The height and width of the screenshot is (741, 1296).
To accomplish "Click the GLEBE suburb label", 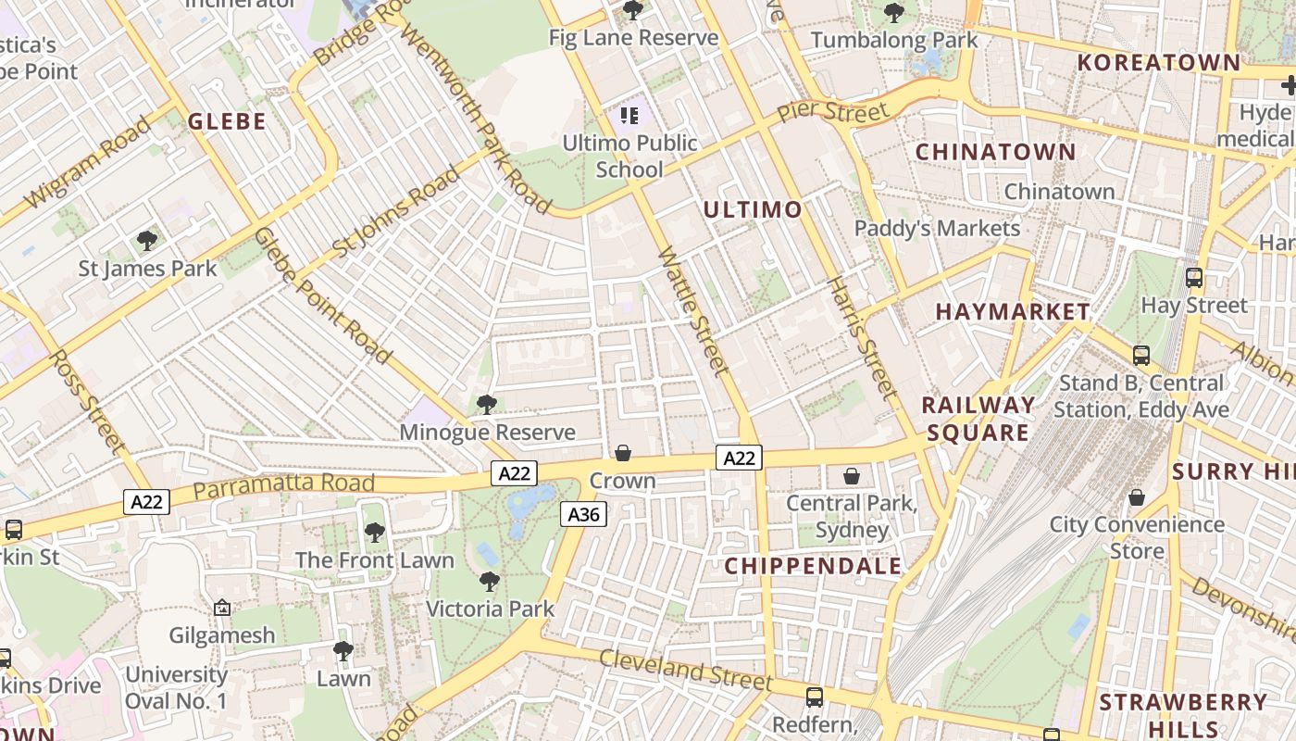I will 227,121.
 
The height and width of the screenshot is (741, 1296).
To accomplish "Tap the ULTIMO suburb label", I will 753,209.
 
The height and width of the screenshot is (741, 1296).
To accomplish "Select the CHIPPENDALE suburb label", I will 813,566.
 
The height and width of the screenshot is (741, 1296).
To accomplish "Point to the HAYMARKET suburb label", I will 1013,311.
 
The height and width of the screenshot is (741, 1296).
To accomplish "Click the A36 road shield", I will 583,513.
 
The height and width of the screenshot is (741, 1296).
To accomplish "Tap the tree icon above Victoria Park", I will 490,582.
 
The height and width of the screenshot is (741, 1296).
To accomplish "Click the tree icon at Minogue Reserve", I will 486,405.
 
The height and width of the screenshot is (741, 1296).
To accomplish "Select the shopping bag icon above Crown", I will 623,453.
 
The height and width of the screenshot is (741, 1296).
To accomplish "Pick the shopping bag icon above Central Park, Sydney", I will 852,476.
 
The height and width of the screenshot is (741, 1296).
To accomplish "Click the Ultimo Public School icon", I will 629,116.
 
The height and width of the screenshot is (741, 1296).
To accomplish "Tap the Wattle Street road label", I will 693,310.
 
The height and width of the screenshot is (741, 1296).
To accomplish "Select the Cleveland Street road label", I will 685,669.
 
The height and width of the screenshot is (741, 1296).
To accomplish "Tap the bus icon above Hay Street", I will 1194,277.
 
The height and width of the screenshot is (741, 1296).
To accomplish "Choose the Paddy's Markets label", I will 937,228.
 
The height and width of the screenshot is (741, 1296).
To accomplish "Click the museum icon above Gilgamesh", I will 222,609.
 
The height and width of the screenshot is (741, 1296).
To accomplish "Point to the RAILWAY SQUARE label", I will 978,419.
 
